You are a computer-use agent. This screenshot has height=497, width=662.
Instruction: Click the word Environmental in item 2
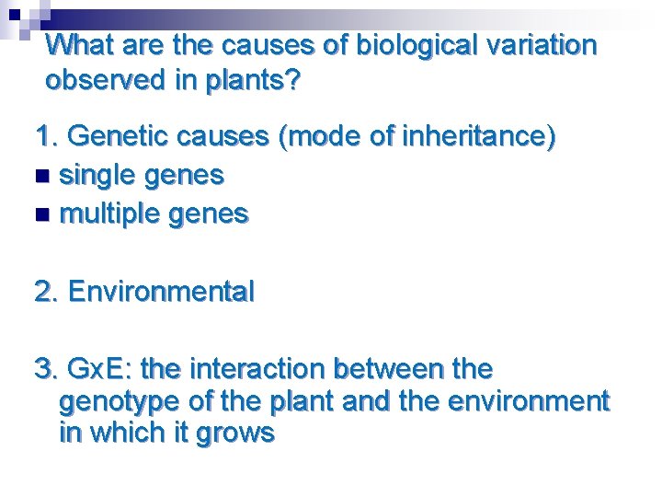161,292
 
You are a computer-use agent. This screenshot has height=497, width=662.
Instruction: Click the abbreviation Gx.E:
107,369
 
